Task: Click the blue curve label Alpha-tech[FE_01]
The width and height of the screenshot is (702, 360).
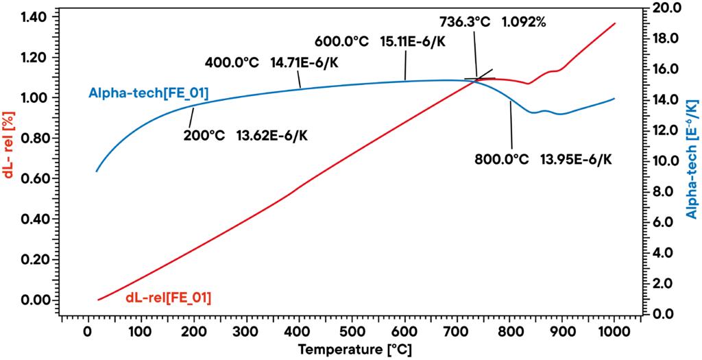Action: pos(148,92)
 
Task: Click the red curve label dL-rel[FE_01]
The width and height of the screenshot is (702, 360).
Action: pos(168,298)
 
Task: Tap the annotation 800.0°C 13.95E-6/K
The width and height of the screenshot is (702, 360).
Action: pos(543,159)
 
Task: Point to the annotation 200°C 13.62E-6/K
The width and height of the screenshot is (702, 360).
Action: pos(245,134)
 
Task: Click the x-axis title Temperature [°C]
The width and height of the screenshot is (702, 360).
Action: pos(355,350)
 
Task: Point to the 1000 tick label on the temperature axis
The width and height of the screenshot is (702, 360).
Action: pos(615,333)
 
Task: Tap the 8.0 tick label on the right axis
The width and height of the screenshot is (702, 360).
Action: pos(665,192)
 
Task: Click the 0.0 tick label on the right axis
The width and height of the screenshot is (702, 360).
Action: pos(665,314)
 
